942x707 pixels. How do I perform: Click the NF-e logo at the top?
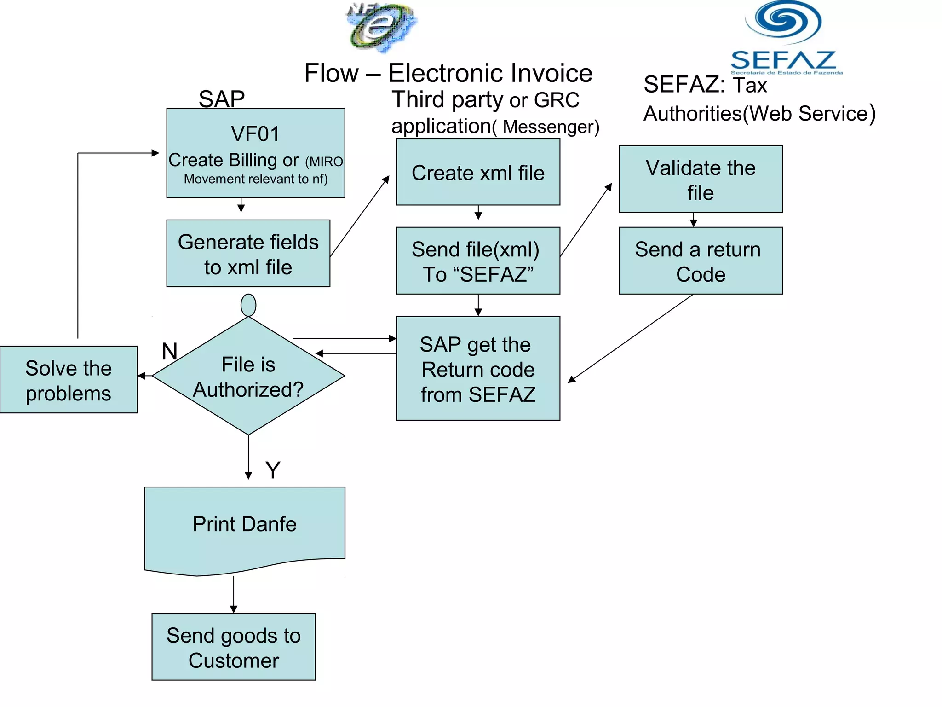381,28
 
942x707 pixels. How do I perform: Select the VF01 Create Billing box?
255,153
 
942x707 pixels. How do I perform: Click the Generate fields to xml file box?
248,254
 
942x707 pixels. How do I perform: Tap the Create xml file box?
478,172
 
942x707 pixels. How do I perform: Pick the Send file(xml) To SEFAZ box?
478,261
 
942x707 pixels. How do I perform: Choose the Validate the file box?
700,180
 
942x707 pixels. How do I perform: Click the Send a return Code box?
700,261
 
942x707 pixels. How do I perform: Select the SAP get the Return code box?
478,368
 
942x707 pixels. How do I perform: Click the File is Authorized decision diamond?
248,377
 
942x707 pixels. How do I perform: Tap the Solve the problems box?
69,380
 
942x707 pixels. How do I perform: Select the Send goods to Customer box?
234,647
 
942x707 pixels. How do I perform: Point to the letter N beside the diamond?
170,352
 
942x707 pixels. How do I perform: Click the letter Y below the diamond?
273,470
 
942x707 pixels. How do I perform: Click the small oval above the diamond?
248,305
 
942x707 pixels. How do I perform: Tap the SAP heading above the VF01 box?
222,99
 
